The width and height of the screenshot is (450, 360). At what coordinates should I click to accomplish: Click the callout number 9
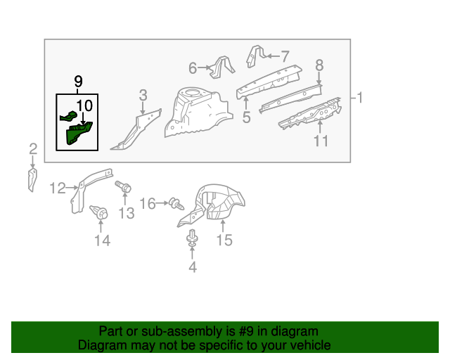tap(77, 81)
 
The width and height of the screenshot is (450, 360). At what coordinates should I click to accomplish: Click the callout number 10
tap(84, 106)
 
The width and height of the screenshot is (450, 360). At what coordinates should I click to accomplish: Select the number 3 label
tap(143, 95)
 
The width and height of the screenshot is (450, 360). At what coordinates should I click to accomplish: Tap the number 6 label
tap(193, 68)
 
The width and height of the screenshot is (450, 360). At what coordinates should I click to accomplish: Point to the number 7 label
tap(285, 56)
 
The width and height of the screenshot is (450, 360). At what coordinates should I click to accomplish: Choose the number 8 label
tap(319, 65)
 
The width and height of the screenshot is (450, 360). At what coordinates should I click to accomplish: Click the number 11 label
tap(321, 141)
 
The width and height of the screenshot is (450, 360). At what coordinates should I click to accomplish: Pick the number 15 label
tap(224, 241)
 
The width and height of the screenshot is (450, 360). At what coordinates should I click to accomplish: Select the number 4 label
tap(192, 266)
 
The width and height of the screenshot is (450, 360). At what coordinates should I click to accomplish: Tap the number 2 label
tap(32, 148)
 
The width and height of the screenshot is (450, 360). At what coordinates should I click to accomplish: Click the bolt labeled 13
tap(125, 188)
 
